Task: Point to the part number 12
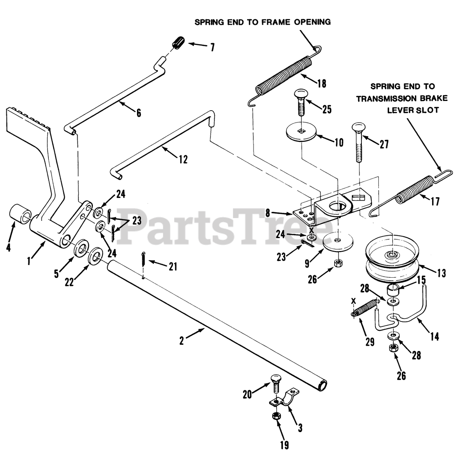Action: [183, 159]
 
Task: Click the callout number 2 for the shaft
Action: [182, 340]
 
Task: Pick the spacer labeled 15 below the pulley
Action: [393, 289]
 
